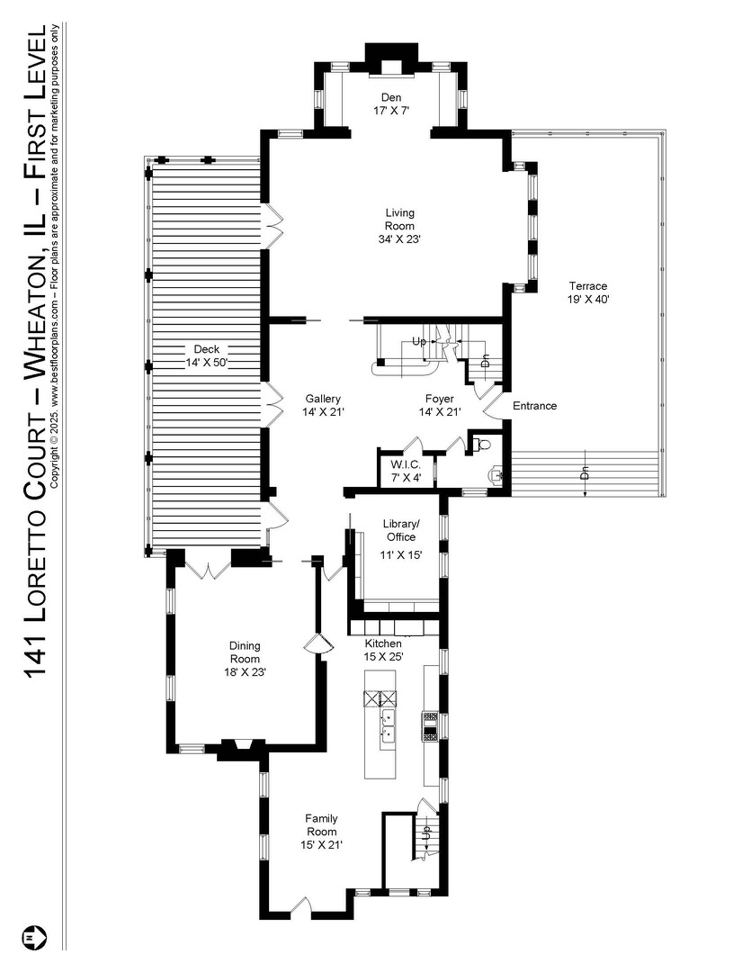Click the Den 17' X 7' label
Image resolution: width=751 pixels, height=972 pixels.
tap(390, 103)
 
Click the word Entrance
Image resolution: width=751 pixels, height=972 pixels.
tap(534, 406)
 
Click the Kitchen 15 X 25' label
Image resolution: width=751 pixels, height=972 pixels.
tap(383, 651)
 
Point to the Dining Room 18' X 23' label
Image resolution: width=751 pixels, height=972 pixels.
tap(244, 659)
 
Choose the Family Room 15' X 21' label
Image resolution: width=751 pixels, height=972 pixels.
tap(321, 832)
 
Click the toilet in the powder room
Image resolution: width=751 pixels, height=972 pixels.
tap(483, 444)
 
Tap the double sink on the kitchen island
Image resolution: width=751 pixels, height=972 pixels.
tap(389, 725)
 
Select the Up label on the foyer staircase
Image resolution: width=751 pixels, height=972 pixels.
tap(419, 343)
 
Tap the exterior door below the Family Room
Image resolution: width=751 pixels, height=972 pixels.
tap(302, 907)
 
